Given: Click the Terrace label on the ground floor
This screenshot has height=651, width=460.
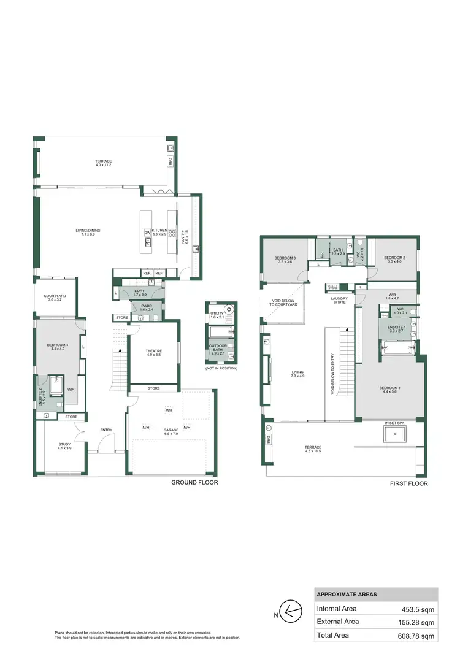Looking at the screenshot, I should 104,161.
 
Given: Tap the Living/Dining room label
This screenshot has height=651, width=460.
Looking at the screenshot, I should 88,230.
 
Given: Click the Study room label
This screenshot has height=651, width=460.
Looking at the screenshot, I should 65,444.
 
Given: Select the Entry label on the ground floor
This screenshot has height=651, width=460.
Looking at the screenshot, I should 107,430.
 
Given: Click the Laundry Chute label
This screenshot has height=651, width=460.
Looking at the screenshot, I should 340,300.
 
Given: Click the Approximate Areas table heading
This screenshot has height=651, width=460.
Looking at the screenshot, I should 347,595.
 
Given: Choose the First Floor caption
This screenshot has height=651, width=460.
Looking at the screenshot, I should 408,483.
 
